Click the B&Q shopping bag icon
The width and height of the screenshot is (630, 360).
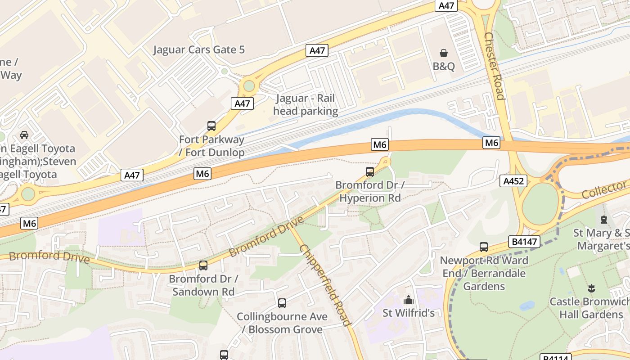point(444,53)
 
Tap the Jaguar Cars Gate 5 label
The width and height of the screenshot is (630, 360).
point(199,49)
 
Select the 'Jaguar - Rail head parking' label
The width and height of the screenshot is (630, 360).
point(306,105)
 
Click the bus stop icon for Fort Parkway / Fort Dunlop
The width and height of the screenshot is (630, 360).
point(211,126)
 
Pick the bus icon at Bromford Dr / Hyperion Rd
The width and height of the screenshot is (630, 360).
point(370,171)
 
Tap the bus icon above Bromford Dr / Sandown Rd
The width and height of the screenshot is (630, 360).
point(203,265)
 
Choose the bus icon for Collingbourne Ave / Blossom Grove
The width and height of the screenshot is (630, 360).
point(282,303)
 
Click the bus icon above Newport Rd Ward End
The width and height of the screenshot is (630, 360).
point(484,247)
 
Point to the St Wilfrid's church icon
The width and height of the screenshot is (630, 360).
point(409,300)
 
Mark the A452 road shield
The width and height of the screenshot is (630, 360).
point(513,181)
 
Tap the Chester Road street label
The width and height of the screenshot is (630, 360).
point(495,66)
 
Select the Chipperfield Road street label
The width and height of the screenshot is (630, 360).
point(325,285)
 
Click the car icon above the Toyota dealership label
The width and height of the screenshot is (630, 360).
point(24,135)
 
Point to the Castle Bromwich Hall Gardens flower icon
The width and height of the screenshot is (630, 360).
point(591,288)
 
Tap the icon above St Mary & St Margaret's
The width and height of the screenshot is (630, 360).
point(603,220)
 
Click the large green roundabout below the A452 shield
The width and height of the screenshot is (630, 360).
point(540,204)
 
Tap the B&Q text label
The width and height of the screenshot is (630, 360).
point(444,67)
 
